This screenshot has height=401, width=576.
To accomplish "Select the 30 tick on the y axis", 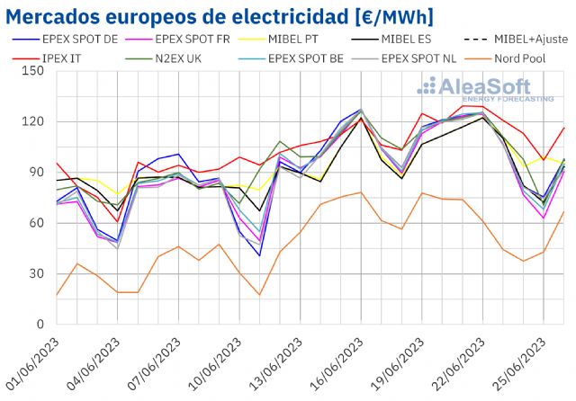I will click(37, 273).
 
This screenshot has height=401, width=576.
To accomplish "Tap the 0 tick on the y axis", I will click(40, 325).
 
